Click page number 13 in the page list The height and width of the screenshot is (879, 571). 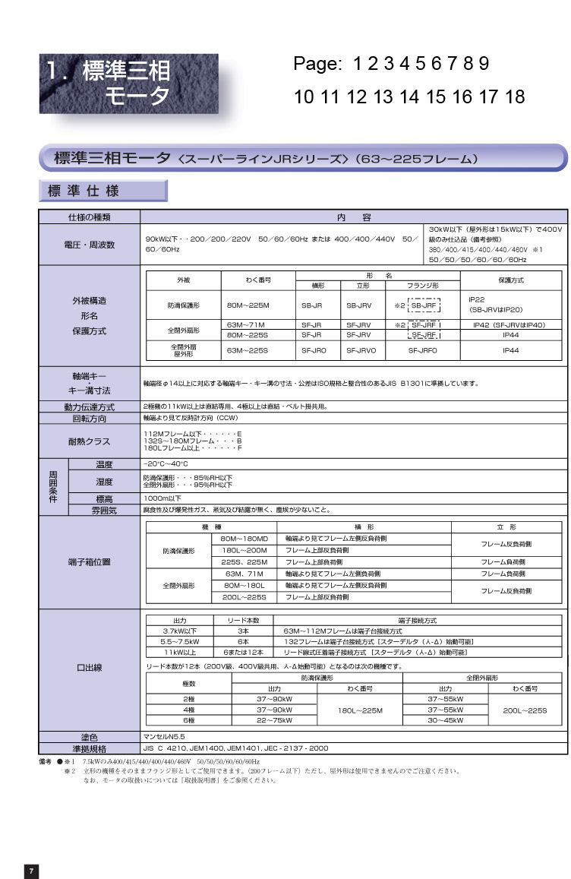[x=383, y=97]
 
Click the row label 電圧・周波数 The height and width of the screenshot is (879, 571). [x=90, y=245]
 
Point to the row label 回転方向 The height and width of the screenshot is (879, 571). [x=90, y=418]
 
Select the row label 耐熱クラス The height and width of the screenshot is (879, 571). [x=90, y=441]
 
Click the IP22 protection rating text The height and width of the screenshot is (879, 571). [x=478, y=299]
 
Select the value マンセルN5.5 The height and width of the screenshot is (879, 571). [x=164, y=737]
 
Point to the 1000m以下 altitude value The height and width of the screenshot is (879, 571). [x=162, y=498]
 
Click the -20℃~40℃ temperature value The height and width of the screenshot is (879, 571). [x=166, y=463]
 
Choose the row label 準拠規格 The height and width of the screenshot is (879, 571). [x=90, y=748]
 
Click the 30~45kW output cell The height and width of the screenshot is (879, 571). [x=446, y=719]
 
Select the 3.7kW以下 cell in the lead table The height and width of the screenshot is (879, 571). [x=180, y=631]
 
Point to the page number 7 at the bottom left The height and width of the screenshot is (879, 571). [x=31, y=871]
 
